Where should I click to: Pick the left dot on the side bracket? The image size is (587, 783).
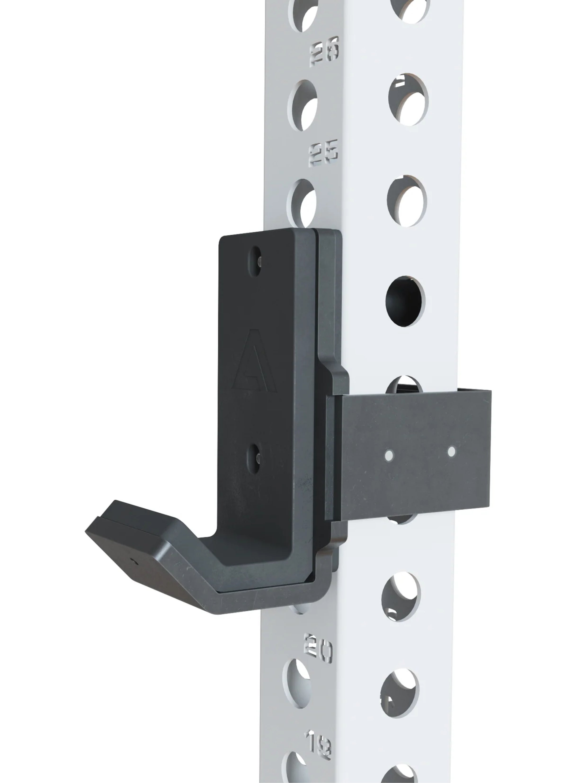[388, 455]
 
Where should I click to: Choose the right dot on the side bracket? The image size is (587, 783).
[451, 451]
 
